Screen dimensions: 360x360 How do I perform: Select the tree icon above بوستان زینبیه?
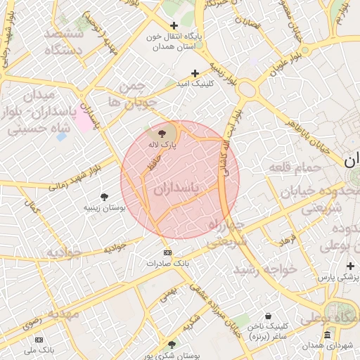coord(105,196)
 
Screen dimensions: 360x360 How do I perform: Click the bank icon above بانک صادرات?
coord(167,252)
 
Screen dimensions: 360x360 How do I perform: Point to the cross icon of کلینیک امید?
coord(195,73)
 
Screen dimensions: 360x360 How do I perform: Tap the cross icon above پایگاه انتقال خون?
coord(174,26)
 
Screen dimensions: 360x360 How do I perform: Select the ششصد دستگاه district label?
coord(64,41)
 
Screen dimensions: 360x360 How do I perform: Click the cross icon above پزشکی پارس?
coord(350,266)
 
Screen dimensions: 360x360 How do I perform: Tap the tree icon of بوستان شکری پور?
coord(172,345)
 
